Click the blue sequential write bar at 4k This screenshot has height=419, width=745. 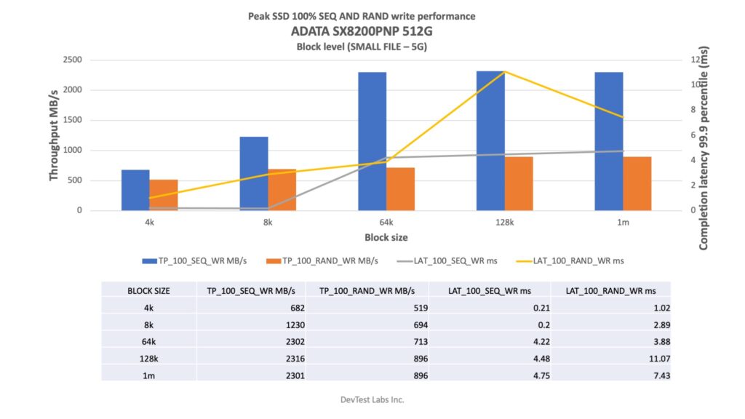pos(135,191)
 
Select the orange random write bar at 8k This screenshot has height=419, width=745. pos(282,190)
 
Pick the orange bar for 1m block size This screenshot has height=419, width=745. pos(637,183)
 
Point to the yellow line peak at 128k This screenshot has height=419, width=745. pos(504,71)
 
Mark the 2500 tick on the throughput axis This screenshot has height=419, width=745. pos(92,60)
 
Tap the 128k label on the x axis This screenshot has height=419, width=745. pos(504,222)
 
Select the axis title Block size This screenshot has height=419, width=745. pos(386,237)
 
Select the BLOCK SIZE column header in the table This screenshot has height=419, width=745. pos(148,290)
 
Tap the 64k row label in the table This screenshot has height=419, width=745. pos(148,340)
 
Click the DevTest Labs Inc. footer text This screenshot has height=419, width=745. pos(372,399)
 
